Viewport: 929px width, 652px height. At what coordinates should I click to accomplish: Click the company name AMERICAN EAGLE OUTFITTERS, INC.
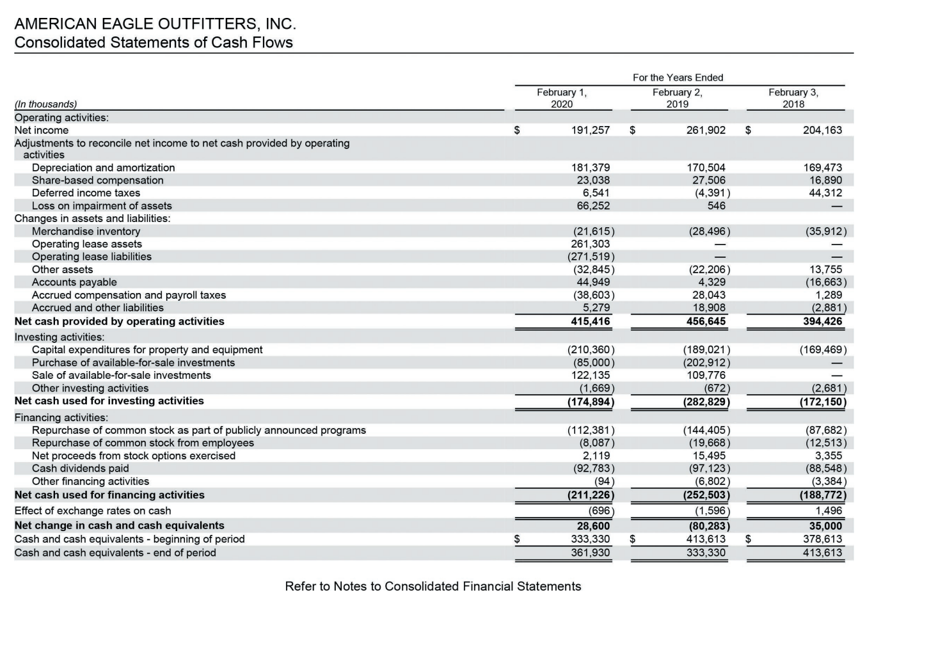[155, 24]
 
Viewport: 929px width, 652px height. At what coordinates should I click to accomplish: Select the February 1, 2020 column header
[562, 98]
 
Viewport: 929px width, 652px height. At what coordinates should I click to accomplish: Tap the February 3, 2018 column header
[793, 98]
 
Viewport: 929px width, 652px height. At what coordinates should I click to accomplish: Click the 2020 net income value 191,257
[590, 130]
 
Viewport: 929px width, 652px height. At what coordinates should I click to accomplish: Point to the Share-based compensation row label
[98, 180]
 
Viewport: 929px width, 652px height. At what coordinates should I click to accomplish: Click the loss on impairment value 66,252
[593, 206]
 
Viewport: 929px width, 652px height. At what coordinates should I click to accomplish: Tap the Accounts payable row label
[74, 282]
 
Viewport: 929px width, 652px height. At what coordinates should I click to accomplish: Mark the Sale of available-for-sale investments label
[122, 376]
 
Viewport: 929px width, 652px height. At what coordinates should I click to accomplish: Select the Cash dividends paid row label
[81, 468]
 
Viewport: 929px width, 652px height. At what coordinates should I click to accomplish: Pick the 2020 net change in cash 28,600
[593, 526]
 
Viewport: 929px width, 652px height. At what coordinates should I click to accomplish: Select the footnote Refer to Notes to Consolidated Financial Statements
[433, 587]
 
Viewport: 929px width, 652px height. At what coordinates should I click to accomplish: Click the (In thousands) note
[45, 104]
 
